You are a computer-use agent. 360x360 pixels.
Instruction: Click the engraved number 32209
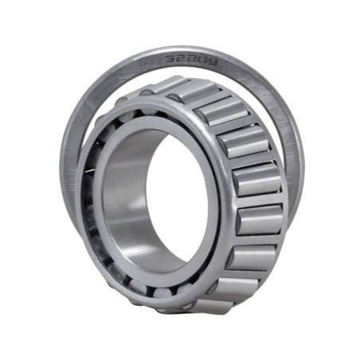192,61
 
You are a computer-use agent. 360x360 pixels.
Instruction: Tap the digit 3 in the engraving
170,59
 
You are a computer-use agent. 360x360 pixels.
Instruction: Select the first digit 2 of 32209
180,60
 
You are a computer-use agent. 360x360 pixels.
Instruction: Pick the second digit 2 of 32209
191,61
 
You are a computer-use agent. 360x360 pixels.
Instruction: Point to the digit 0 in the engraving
202,62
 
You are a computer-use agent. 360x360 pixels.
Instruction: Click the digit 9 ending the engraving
213,63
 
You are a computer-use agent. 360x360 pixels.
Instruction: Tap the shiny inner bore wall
125,202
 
